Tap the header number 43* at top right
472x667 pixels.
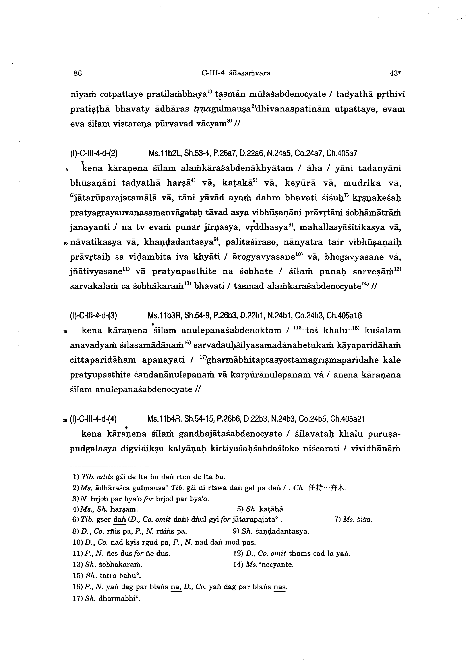click(x=395, y=73)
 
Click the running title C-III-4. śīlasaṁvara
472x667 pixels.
click(x=236, y=73)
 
